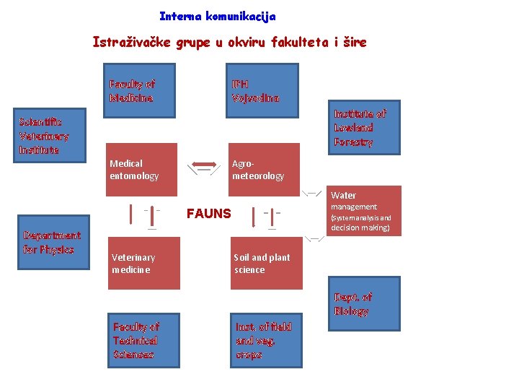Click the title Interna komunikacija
coord(217,16)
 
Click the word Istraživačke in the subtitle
coord(130,42)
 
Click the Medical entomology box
coord(141,170)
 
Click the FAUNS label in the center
coord(209,214)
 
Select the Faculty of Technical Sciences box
coord(143,341)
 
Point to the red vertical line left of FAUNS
coord(131,214)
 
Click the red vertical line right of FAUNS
coord(253,216)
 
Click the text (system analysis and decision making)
coord(360,222)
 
